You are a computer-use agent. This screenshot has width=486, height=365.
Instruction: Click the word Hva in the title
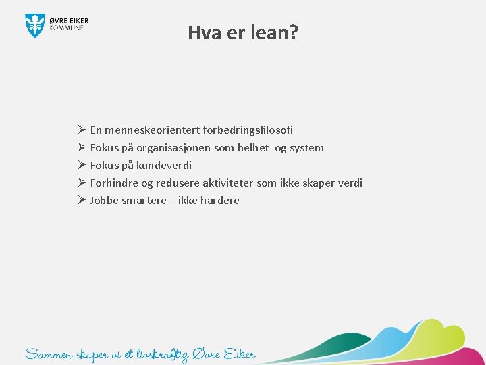(204, 32)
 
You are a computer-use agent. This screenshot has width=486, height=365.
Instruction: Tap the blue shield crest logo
(35, 25)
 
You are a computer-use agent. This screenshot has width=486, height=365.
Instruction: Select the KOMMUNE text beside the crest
(67, 28)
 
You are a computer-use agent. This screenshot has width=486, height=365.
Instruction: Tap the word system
(306, 147)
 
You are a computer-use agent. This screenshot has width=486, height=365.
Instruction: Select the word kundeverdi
(164, 165)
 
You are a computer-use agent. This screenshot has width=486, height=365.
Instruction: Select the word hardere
(219, 200)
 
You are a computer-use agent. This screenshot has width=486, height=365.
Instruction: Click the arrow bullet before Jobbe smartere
(80, 200)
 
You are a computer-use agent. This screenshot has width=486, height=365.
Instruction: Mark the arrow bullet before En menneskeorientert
(80, 130)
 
